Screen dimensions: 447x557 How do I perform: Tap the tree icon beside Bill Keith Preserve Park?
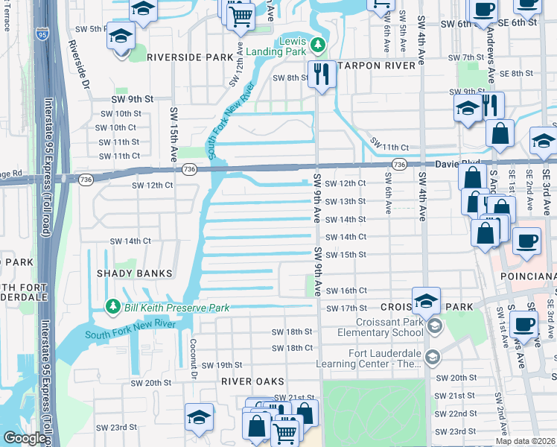coord(112,307)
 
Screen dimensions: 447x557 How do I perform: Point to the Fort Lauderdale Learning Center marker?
coord(432,358)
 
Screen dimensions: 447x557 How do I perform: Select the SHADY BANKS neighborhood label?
coord(135,273)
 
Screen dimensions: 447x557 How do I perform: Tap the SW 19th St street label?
coord(223,365)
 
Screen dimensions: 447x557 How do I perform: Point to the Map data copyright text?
coord(525,441)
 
